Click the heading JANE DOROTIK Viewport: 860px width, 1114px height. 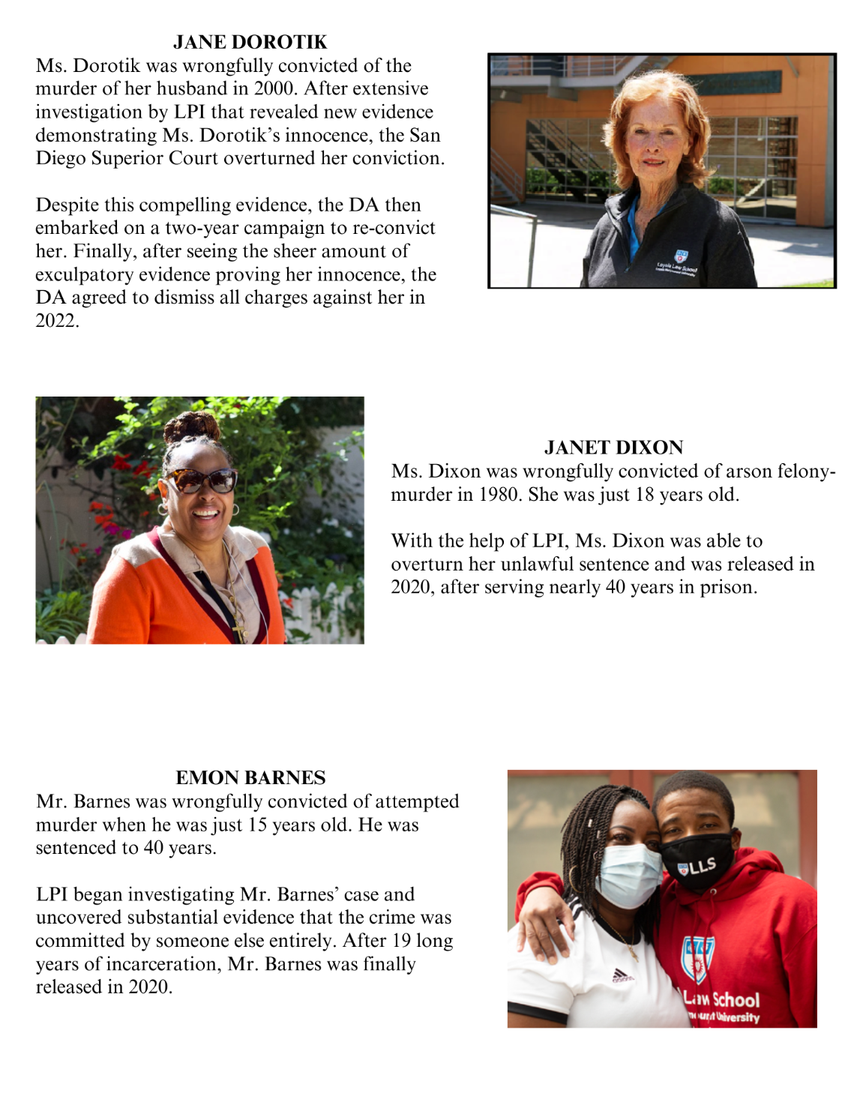point(250,42)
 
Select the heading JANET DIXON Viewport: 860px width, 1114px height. point(613,448)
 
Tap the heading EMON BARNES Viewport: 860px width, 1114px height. point(250,777)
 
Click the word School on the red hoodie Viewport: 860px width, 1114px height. point(736,999)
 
